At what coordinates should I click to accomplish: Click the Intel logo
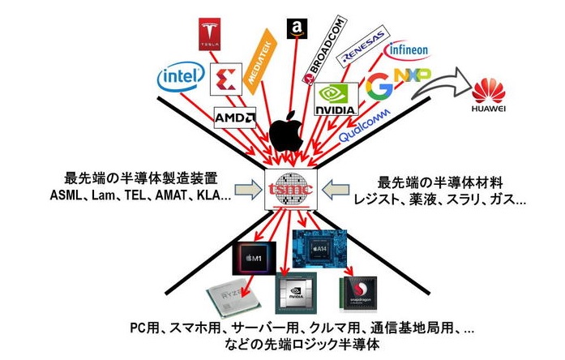tap(179, 78)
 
